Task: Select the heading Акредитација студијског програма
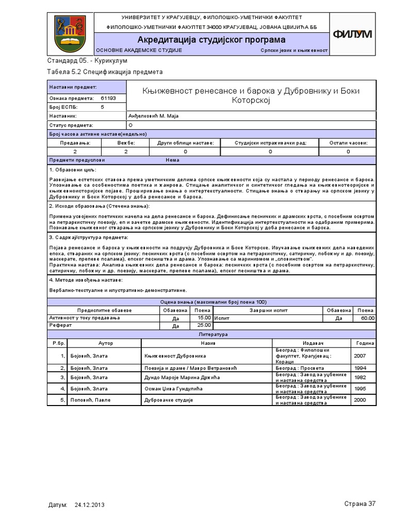[211, 40]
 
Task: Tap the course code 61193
[108, 98]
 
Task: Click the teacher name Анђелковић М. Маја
[153, 116]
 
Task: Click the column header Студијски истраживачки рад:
[270, 142]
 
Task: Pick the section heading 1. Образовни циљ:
[73, 169]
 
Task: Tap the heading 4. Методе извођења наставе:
[86, 279]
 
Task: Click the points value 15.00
[204, 318]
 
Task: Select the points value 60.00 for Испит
[367, 318]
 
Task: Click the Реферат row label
[60, 326]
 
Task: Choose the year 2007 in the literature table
[360, 356]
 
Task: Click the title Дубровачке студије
[169, 399]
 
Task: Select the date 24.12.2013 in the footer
[90, 505]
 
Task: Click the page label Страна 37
[360, 503]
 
